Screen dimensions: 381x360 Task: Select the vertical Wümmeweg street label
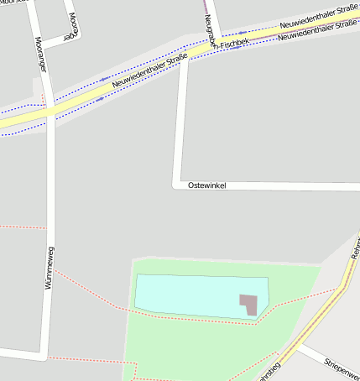click(50, 268)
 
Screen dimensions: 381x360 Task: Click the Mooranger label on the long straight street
click(39, 55)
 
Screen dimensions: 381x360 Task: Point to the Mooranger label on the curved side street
click(72, 25)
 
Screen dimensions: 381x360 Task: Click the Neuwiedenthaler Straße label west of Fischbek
click(149, 72)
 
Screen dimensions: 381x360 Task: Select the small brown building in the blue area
click(248, 304)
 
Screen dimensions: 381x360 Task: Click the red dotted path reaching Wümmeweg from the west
click(21, 227)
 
